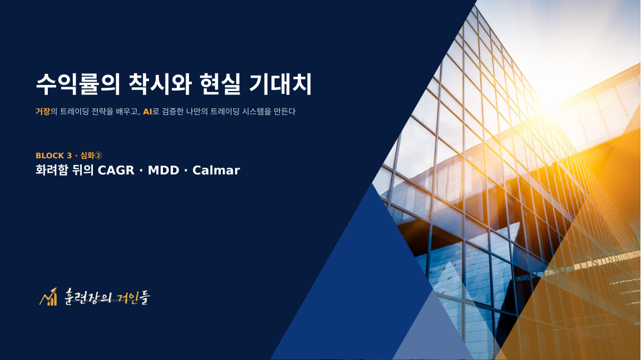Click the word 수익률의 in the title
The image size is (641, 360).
[x=78, y=84]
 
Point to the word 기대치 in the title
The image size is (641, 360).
[x=280, y=84]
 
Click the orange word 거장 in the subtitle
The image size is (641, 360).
[x=42, y=111]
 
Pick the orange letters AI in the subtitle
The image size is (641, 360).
[x=147, y=112]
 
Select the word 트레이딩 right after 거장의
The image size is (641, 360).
[x=74, y=111]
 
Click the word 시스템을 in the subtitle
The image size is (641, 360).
[x=257, y=111]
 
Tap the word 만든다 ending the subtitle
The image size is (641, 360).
[x=285, y=111]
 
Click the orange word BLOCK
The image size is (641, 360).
[x=50, y=156]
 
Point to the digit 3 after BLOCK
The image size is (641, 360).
[x=69, y=156]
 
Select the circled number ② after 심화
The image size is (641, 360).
[x=98, y=156]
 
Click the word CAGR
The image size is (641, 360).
[x=116, y=171]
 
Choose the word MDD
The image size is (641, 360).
[x=163, y=171]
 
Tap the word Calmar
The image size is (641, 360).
[x=216, y=171]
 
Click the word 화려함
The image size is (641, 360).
[x=52, y=170]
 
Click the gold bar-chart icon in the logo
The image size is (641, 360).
[x=48, y=297]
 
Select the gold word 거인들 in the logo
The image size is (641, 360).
[x=133, y=297]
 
